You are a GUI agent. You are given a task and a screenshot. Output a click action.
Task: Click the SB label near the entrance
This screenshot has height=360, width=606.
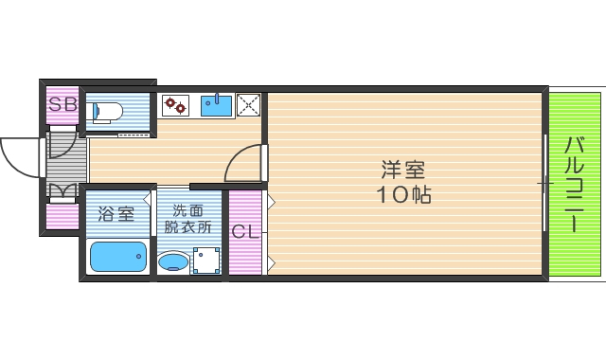pyautogui.click(x=62, y=104)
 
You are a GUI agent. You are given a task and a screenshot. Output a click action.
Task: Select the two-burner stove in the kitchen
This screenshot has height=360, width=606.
pyautogui.click(x=174, y=105)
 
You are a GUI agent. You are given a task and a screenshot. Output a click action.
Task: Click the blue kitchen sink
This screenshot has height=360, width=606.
pyautogui.click(x=217, y=104)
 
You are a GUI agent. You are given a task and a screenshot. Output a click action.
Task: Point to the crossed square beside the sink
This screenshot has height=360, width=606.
pyautogui.click(x=248, y=104)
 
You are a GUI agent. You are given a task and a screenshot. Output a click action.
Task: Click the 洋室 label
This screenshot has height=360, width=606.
pyautogui.click(x=402, y=171)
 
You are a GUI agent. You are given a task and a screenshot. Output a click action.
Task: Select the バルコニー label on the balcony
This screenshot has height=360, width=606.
pyautogui.click(x=575, y=185)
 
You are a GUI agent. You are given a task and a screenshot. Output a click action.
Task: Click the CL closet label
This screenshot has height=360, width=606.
pyautogui.click(x=244, y=230)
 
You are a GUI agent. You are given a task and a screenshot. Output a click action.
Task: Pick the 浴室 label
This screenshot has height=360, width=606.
pyautogui.click(x=117, y=214)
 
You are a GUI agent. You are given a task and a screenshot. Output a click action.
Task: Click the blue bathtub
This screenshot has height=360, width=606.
pyautogui.click(x=118, y=256)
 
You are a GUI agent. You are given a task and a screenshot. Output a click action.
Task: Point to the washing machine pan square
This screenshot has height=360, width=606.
pyautogui.click(x=206, y=260)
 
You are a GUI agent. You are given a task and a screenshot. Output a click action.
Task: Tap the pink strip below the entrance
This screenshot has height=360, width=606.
pyautogui.click(x=63, y=217)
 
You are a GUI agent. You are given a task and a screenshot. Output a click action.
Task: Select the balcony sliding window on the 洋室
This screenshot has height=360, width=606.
pyautogui.click(x=545, y=183)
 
